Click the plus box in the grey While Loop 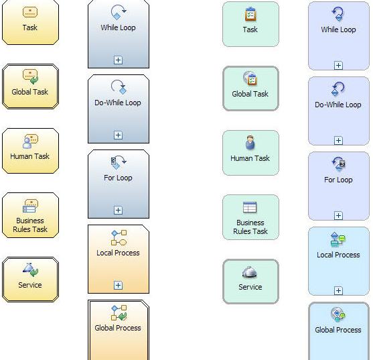[118, 60]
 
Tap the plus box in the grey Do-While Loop [118, 135]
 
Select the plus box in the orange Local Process [118, 285]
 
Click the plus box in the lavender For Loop [338, 215]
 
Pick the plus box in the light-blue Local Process [338, 290]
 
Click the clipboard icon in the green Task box [250, 14]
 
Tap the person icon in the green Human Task [250, 142]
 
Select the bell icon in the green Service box [249, 272]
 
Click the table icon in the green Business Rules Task [250, 207]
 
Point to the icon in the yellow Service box [30, 269]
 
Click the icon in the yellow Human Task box [30, 141]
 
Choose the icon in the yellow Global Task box [30, 76]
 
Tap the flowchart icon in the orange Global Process [119, 312]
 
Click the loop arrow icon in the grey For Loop [119, 162]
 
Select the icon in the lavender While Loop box [338, 14]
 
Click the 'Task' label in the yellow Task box [30, 27]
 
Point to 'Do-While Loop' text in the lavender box [338, 105]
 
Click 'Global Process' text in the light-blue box [338, 330]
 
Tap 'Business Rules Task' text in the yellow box [30, 225]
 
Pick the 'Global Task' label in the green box [250, 94]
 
